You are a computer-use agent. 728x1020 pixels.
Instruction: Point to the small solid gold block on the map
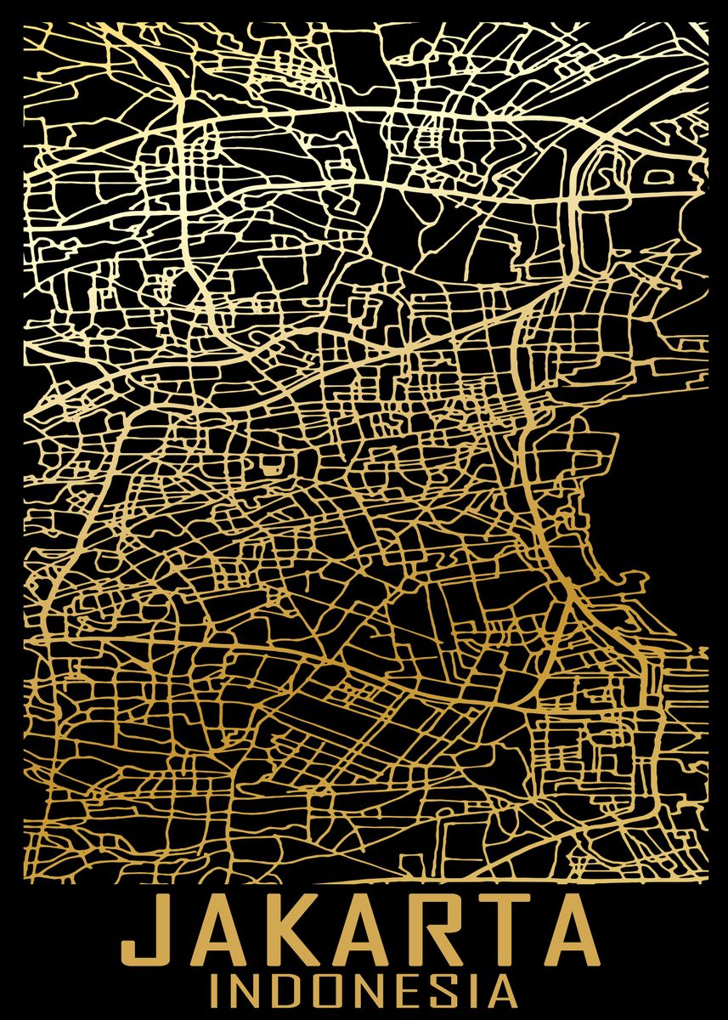[x=271, y=465]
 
